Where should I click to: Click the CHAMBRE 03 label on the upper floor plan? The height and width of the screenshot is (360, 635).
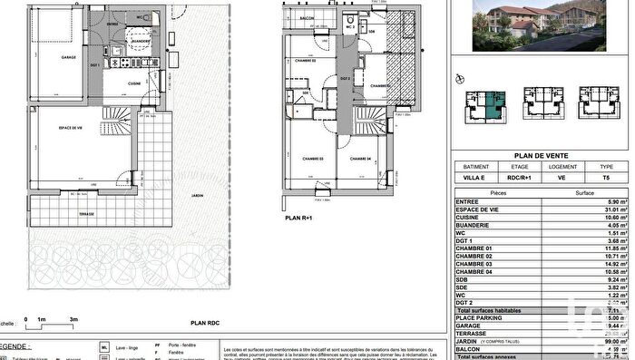[313, 159]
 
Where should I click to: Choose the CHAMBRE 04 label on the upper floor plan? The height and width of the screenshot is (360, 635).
[361, 159]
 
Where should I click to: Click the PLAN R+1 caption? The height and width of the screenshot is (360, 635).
[299, 218]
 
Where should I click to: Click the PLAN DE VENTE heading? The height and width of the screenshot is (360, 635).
[542, 155]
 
